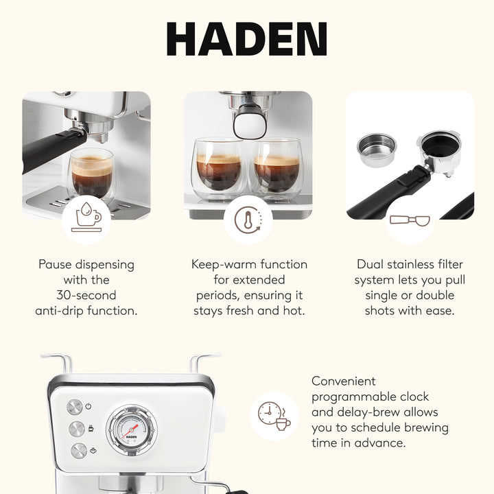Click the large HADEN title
(x=247, y=40)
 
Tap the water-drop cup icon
(x=86, y=219)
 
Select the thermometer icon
(x=248, y=220)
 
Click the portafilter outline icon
(x=409, y=220)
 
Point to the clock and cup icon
(x=274, y=416)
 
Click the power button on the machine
(x=75, y=407)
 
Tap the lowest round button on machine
(x=78, y=451)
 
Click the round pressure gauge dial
(x=131, y=429)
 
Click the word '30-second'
(x=86, y=295)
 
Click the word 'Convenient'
(x=344, y=381)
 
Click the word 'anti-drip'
(x=62, y=311)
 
